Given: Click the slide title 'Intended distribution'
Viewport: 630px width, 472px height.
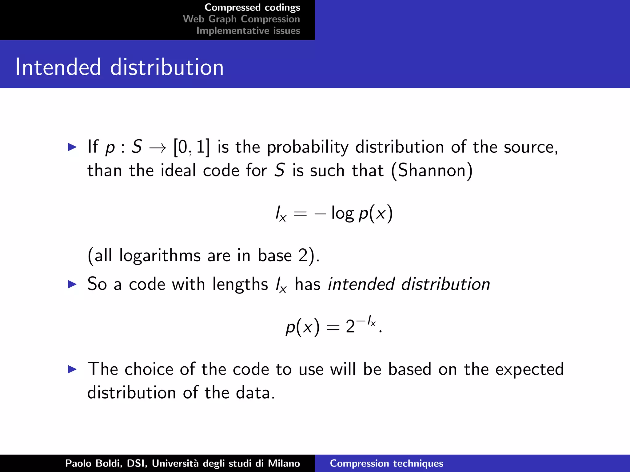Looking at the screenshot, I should point(119,67).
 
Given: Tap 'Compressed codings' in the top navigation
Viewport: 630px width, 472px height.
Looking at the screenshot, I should point(252,7).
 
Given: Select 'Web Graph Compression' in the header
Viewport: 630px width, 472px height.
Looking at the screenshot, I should point(241,19).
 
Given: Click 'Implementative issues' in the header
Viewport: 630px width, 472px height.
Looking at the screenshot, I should point(248,31).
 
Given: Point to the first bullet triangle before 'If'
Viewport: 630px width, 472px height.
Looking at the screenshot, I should point(72,147).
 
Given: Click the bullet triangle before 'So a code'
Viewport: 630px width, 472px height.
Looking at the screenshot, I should point(72,284).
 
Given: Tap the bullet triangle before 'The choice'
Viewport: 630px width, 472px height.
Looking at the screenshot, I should point(72,369).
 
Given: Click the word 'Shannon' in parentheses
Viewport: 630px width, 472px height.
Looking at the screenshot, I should point(432,170).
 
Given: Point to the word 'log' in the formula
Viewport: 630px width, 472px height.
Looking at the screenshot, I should point(342,213).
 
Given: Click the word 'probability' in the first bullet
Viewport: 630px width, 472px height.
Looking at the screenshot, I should point(307,147).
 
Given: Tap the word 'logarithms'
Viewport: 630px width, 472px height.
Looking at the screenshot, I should point(160,255).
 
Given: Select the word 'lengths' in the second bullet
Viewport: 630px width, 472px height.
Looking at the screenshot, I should point(240,284).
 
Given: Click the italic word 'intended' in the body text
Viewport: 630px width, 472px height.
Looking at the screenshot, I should point(361,284).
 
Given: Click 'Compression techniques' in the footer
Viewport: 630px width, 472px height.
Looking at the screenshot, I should point(386,463).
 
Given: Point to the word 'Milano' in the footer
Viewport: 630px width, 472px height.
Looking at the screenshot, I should point(284,463).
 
